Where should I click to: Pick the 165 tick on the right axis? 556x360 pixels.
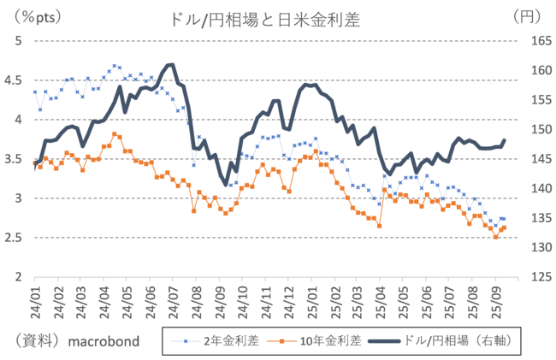533,40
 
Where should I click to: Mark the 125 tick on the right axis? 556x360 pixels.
533,277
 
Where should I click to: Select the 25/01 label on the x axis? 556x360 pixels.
311,296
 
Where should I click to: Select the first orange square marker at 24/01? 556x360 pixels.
36,162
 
